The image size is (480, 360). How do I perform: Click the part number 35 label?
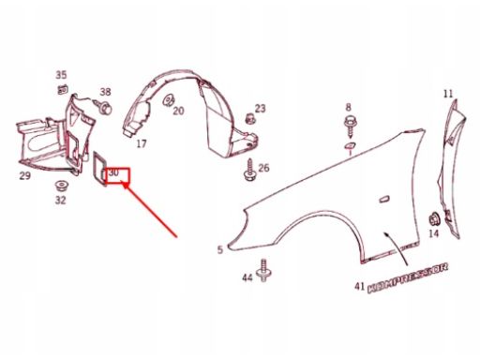[x=61, y=75]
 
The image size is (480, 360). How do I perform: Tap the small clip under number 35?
[x=63, y=89]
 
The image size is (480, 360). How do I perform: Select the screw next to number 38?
[x=104, y=107]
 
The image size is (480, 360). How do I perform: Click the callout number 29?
[x=25, y=175]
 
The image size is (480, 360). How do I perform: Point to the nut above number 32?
[x=61, y=187]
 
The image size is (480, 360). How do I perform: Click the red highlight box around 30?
[x=118, y=175]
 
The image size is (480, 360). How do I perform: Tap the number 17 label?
[x=142, y=143]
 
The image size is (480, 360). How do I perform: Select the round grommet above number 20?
[x=169, y=99]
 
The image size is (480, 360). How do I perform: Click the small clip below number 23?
[x=250, y=119]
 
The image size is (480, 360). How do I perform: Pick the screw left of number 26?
[x=250, y=171]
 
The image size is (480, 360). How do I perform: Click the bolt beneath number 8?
[x=350, y=127]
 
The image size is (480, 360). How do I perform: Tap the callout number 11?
[x=448, y=94]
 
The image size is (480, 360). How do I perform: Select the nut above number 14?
[x=434, y=218]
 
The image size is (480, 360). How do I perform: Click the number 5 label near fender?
[x=220, y=249]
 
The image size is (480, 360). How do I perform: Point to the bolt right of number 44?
[x=263, y=270]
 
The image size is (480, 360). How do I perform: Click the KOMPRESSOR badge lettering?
[x=408, y=278]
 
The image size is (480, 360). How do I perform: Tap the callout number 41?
[x=359, y=286]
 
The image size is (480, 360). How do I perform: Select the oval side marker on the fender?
[x=384, y=199]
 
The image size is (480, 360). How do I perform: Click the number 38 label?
[x=105, y=92]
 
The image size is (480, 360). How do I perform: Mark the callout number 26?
[x=263, y=168]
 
